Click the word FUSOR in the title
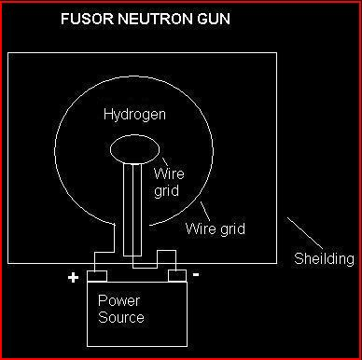coord(83,19)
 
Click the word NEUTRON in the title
coord(146,19)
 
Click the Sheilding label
coord(324,258)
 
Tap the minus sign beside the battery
coord(194,276)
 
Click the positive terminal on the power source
coord(97,276)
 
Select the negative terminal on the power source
coord(174,276)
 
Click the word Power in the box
coord(118,302)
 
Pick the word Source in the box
coord(122,317)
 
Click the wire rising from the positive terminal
coord(97,260)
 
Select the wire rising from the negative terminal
coord(174,260)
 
